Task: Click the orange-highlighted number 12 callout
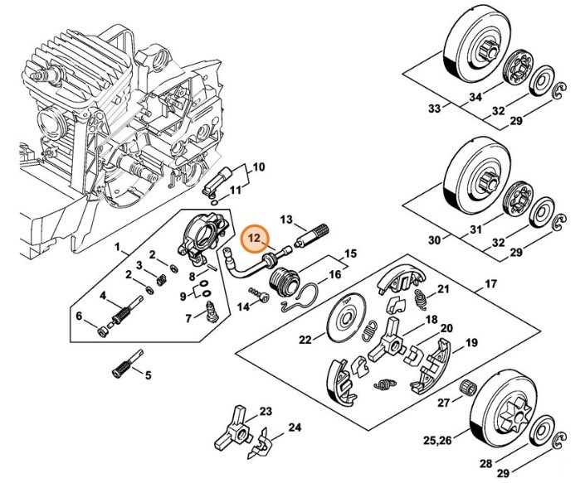[x=253, y=239]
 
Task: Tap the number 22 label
[x=305, y=338]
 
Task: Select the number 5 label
[x=149, y=374]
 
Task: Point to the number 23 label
[x=266, y=411]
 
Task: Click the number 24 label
[x=271, y=427]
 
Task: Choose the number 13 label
[x=287, y=220]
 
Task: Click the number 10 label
[x=258, y=167]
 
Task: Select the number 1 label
[x=118, y=247]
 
